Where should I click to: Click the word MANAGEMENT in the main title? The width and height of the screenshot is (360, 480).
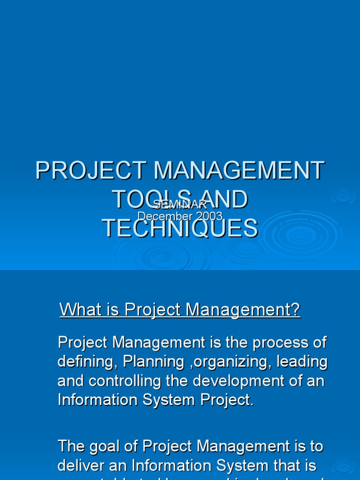click(239, 171)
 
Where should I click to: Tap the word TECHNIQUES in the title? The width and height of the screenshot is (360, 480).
click(180, 228)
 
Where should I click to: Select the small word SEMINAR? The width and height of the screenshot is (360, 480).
click(180, 204)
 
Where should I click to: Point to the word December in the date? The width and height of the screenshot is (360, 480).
click(158, 216)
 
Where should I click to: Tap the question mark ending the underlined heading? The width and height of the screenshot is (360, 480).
click(295, 309)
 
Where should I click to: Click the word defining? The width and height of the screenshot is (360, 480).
click(84, 362)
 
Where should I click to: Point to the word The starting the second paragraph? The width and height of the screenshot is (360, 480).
click(72, 446)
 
